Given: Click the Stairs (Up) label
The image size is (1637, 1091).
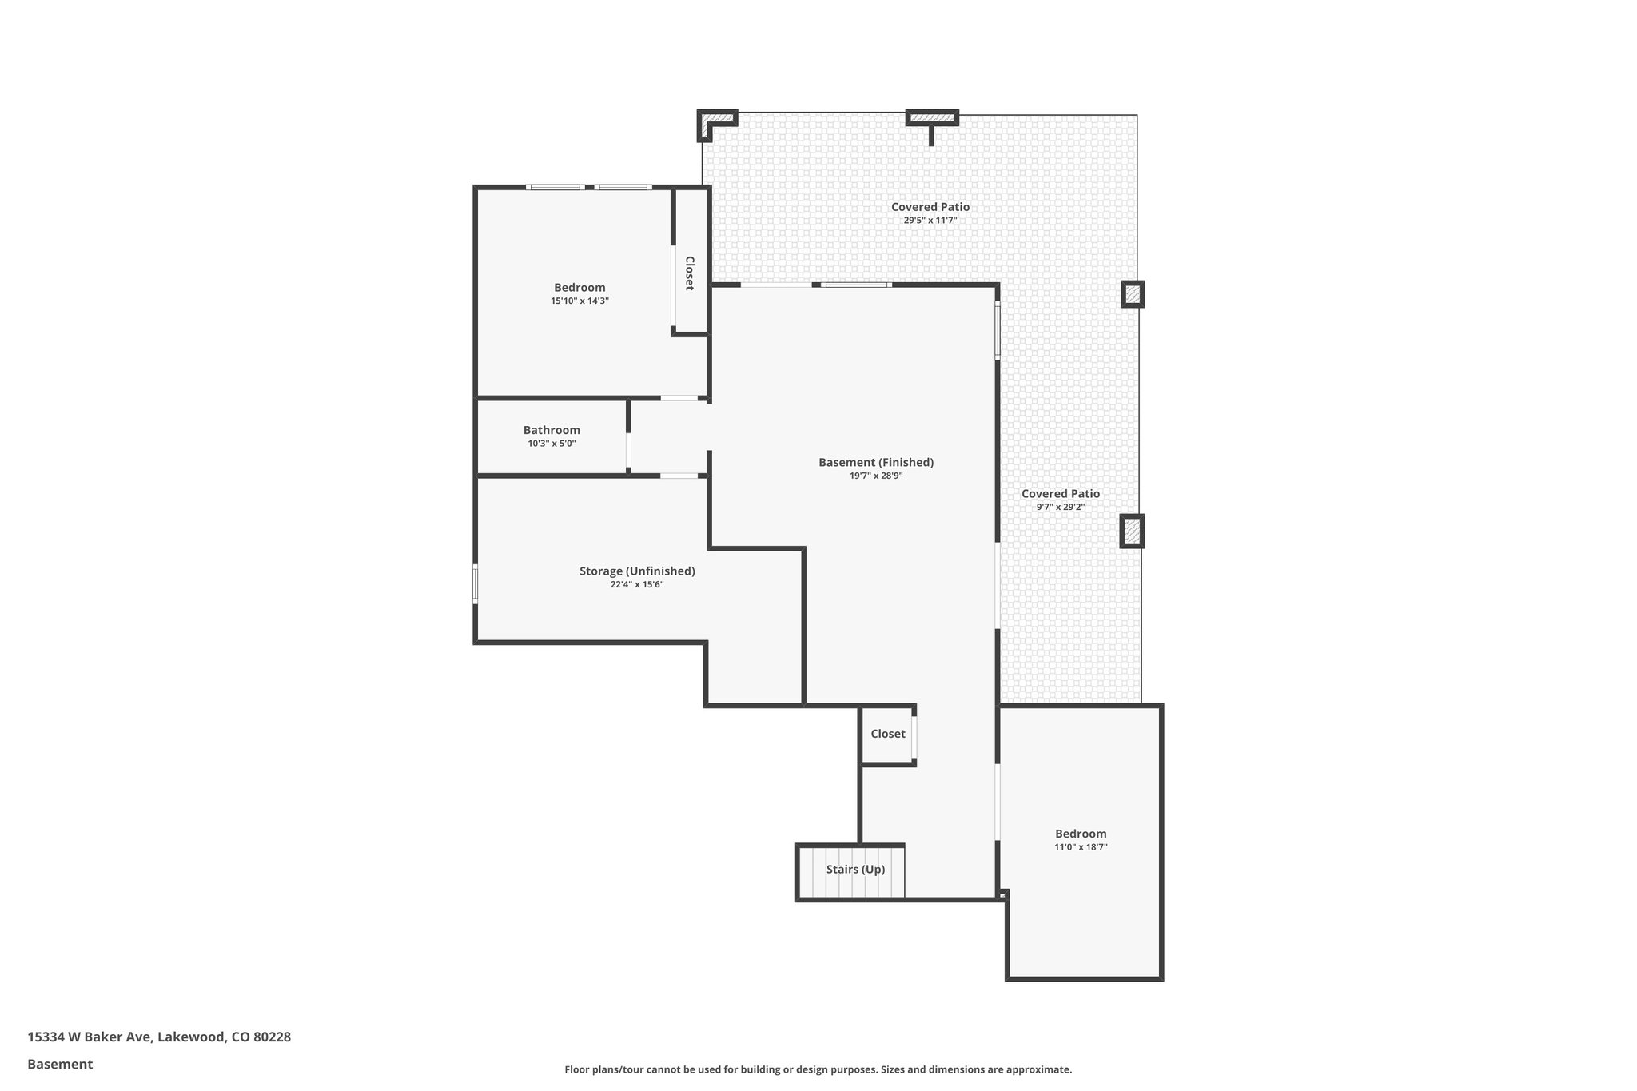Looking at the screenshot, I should [855, 870].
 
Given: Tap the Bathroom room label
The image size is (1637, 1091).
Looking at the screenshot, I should [552, 430].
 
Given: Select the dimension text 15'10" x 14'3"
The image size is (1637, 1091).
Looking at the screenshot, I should [580, 301].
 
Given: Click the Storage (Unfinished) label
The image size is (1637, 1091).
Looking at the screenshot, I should [637, 571].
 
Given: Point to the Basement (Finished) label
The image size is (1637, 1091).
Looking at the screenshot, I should [876, 462].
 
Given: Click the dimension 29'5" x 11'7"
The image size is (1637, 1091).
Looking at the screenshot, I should [930, 221].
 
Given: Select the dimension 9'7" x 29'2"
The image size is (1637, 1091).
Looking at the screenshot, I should [1060, 507].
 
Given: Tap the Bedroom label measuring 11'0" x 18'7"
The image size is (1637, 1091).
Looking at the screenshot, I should [1081, 834].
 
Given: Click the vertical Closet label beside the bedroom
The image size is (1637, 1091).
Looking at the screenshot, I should [689, 273].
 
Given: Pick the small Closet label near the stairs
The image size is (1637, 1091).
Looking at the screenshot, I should [888, 734].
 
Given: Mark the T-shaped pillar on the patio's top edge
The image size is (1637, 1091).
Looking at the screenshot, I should [932, 120].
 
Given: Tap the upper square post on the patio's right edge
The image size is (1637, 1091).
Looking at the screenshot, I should [1133, 294].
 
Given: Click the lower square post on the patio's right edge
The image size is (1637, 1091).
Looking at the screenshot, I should [1132, 531].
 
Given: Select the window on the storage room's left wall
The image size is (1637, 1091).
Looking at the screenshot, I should [475, 583].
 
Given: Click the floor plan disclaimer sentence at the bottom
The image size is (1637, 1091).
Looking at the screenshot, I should [818, 1069].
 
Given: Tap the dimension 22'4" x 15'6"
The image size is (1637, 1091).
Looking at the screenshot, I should [637, 585].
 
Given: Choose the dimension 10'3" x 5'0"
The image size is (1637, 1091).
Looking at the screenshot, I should [552, 444].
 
